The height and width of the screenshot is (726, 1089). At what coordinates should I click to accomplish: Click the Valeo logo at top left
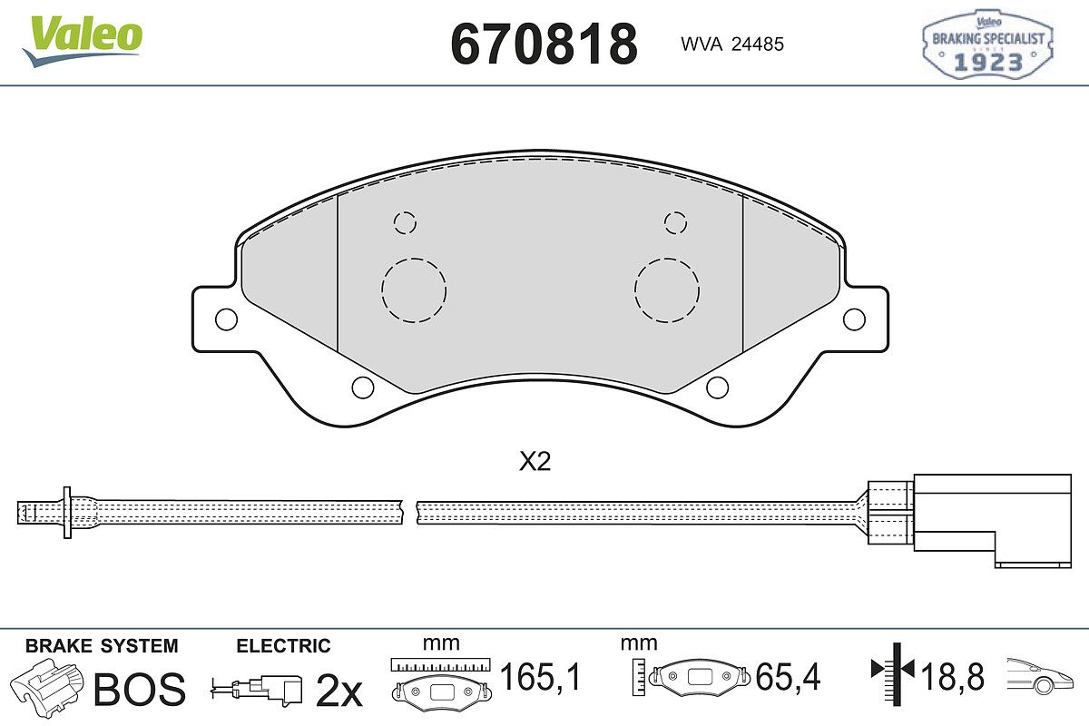tap(83, 41)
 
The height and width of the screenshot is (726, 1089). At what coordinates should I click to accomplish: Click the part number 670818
tap(544, 44)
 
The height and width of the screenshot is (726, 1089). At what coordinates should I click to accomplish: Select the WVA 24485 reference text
tap(732, 44)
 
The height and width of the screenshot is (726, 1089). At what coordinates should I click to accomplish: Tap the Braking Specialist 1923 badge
tap(988, 44)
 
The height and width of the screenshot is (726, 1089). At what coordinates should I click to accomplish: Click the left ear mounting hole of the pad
tap(226, 319)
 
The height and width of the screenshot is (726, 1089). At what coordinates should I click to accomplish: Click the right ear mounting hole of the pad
tap(854, 319)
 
